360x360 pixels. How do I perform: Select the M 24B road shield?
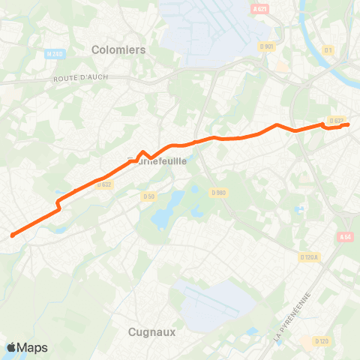(54, 54)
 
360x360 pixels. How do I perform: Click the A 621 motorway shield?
(259, 9)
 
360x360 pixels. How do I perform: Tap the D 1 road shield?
(328, 50)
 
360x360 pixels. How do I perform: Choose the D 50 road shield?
(148, 196)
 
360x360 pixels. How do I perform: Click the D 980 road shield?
(217, 193)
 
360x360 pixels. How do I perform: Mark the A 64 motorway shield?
(345, 237)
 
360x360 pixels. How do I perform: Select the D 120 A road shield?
(309, 257)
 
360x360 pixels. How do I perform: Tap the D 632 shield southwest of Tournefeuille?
(103, 184)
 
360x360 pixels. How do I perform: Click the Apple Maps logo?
(27, 347)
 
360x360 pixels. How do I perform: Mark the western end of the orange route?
(13, 235)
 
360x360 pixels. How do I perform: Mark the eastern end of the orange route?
(348, 124)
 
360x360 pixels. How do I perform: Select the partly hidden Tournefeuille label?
(157, 160)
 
